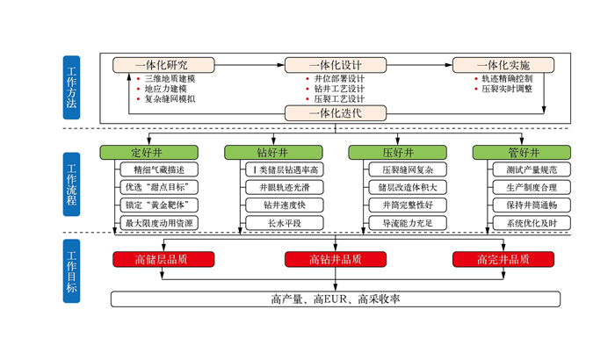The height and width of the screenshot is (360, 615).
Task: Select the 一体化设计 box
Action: [x=336, y=65]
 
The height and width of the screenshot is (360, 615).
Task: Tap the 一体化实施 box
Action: [x=503, y=65]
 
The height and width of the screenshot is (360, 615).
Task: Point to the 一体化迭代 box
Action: [x=336, y=112]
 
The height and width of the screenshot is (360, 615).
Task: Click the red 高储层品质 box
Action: [x=161, y=259]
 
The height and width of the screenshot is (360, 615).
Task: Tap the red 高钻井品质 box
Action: [x=336, y=259]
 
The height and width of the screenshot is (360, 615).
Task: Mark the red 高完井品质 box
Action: [x=503, y=259]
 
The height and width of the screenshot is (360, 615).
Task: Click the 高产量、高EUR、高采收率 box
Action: [x=336, y=299]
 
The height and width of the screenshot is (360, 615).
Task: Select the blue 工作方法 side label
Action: [x=71, y=89]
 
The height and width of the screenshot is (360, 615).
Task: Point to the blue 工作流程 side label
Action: [x=71, y=185]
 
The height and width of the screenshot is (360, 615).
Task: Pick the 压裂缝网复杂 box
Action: [x=409, y=169]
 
